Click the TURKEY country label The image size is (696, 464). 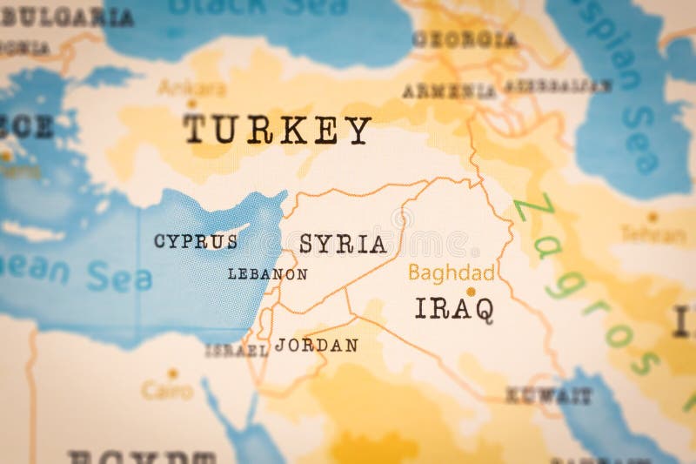coord(277,131)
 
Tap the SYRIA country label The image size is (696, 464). coord(343,245)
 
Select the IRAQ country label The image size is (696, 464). coord(454,308)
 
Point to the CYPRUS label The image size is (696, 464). coord(196,242)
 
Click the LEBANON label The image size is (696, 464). coord(267,274)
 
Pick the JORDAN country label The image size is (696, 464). coord(316,345)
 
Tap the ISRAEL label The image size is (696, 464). coord(236,351)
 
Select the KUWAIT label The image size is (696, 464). coord(549,395)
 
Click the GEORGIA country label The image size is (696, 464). coord(465,39)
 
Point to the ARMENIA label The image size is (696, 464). coord(448,91)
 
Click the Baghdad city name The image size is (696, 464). coord(452,272)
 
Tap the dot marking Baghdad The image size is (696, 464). coord(471,292)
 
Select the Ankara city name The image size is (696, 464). coord(191,88)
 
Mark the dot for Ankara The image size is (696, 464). coord(191,104)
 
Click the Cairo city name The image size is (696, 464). coord(167,391)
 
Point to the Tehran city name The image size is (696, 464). coord(652,233)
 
